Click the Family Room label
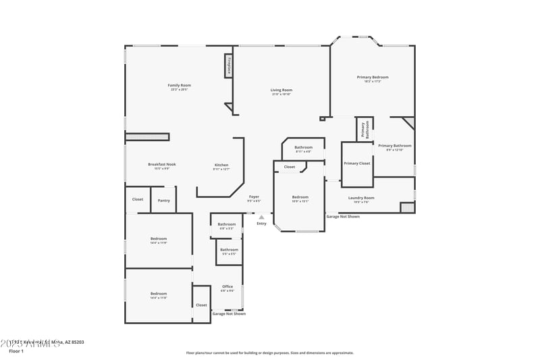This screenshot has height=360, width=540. tap(180, 85)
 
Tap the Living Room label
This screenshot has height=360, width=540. tap(281, 90)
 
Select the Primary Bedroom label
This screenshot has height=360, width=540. tap(373, 77)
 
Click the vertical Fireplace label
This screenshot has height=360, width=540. tap(229, 66)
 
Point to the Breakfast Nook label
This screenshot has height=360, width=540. tap(162, 164)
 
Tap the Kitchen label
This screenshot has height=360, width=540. tap(221, 165)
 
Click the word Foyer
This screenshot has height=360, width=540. tap(254, 197)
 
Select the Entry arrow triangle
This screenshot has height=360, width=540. tap(261, 217)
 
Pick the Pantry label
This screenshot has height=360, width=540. tap(164, 200)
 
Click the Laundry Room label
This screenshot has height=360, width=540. tap(361, 198)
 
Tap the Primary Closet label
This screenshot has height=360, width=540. tap(356, 163)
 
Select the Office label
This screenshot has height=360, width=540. tap(227, 286)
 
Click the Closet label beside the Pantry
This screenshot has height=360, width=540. tap(138, 199)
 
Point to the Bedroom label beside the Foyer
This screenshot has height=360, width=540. tap(300, 197)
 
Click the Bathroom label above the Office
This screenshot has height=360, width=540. tap(229, 249)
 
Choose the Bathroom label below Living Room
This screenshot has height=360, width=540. tap(303, 147)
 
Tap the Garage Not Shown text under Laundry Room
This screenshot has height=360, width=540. tap(343, 217)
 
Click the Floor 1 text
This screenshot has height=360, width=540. tap(16, 351)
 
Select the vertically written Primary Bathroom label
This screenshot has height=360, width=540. tap(364, 129)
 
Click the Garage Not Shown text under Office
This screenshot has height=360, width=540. tap(229, 314)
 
